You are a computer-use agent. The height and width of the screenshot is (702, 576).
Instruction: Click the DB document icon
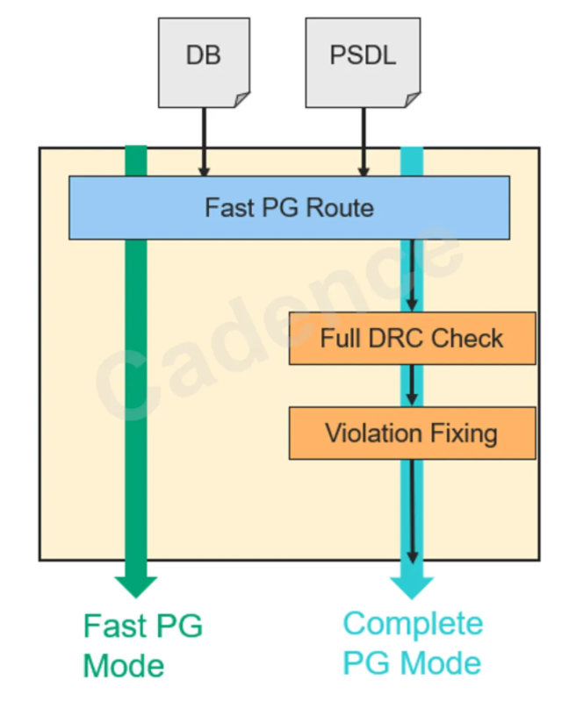204,58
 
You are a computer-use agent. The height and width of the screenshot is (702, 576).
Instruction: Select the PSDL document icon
363,58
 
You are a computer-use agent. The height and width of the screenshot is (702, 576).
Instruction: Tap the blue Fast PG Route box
289,208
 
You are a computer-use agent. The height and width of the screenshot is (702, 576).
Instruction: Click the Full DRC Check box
412,338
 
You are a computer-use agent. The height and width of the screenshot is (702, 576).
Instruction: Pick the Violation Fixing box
412,433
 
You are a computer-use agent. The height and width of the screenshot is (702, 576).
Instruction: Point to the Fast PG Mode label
142,645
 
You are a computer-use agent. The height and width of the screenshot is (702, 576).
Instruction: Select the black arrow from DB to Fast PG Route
204,140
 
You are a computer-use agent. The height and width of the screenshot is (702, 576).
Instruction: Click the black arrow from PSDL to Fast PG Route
363,140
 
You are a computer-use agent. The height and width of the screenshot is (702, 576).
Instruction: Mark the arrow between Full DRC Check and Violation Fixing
412,386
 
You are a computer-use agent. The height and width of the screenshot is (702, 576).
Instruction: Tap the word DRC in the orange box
411,338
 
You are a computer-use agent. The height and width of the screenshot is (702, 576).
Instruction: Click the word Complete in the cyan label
413,624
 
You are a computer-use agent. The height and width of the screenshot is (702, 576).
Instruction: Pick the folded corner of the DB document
241,98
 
